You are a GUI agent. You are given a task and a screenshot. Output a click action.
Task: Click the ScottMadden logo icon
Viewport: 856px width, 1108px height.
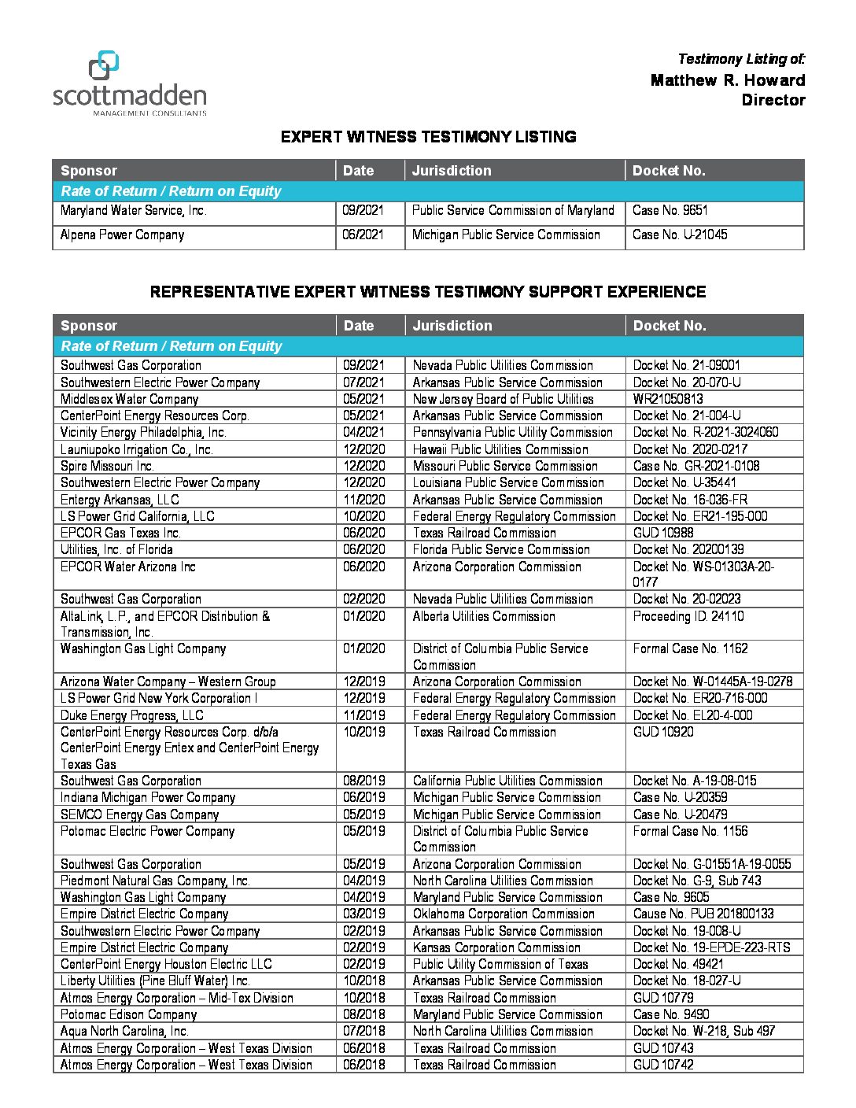(104, 65)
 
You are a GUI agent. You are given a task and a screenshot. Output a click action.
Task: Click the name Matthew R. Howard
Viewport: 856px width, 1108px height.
(728, 80)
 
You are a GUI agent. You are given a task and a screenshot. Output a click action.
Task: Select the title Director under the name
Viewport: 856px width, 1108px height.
(773, 100)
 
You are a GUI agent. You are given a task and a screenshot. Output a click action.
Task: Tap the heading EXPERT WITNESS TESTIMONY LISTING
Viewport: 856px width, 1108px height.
(428, 137)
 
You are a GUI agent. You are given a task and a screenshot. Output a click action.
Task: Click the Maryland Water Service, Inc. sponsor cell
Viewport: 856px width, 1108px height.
(133, 211)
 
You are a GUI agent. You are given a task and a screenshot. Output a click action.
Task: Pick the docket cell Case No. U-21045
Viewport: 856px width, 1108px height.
(680, 235)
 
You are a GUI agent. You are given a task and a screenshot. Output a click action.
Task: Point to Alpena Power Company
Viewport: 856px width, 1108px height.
(122, 235)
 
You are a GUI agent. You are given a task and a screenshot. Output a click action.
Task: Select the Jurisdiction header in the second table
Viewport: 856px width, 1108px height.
(452, 326)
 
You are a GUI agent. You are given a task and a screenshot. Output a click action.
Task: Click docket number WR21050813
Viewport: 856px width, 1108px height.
(668, 399)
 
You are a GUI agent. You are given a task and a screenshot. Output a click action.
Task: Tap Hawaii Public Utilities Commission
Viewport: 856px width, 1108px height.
(500, 449)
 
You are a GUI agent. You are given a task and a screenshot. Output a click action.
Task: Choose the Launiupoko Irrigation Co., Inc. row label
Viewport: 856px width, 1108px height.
(137, 449)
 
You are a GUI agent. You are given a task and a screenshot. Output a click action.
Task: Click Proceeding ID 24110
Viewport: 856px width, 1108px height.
(688, 616)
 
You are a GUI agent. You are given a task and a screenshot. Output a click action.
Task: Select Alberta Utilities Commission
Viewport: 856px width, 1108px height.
(484, 616)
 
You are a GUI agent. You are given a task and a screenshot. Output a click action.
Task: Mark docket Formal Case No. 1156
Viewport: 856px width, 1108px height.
(690, 831)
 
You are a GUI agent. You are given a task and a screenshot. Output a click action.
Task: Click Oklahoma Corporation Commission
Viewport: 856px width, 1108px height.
(504, 914)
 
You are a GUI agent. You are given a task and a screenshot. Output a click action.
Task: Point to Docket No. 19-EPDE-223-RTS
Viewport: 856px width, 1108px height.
(711, 947)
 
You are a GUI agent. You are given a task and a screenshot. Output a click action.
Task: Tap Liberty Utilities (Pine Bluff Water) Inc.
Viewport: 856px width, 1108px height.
(155, 981)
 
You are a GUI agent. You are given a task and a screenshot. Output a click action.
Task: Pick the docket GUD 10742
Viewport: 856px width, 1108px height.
(663, 1065)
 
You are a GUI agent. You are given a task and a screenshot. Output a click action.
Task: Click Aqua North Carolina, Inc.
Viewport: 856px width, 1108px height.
(124, 1031)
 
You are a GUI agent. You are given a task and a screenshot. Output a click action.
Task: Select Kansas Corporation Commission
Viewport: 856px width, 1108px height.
(496, 947)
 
